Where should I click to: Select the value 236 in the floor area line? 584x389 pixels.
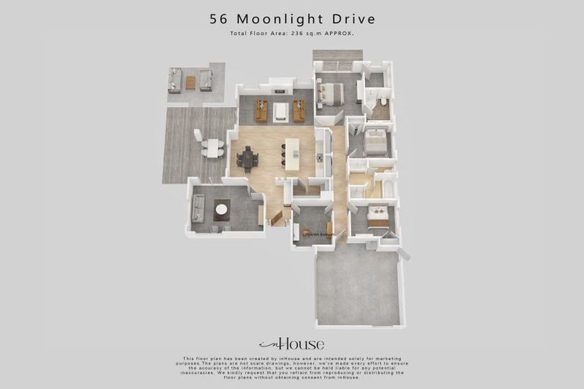(294, 33)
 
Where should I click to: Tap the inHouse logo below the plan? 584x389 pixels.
(291, 343)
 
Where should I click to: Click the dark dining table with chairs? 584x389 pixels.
(247, 159)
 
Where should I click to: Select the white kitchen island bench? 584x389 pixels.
(292, 155)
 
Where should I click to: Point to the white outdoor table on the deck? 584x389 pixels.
(212, 147)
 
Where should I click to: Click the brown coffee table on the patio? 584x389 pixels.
(190, 82)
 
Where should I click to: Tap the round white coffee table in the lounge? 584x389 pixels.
(221, 209)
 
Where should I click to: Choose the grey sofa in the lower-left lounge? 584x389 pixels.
(198, 207)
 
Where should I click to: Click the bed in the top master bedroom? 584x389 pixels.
(331, 93)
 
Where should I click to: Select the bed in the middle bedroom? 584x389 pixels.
(376, 141)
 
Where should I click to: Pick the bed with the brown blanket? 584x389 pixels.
(378, 217)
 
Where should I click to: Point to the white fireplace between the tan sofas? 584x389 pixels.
(281, 112)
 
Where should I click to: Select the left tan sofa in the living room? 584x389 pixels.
(261, 111)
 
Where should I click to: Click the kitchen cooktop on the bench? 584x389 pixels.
(320, 158)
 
